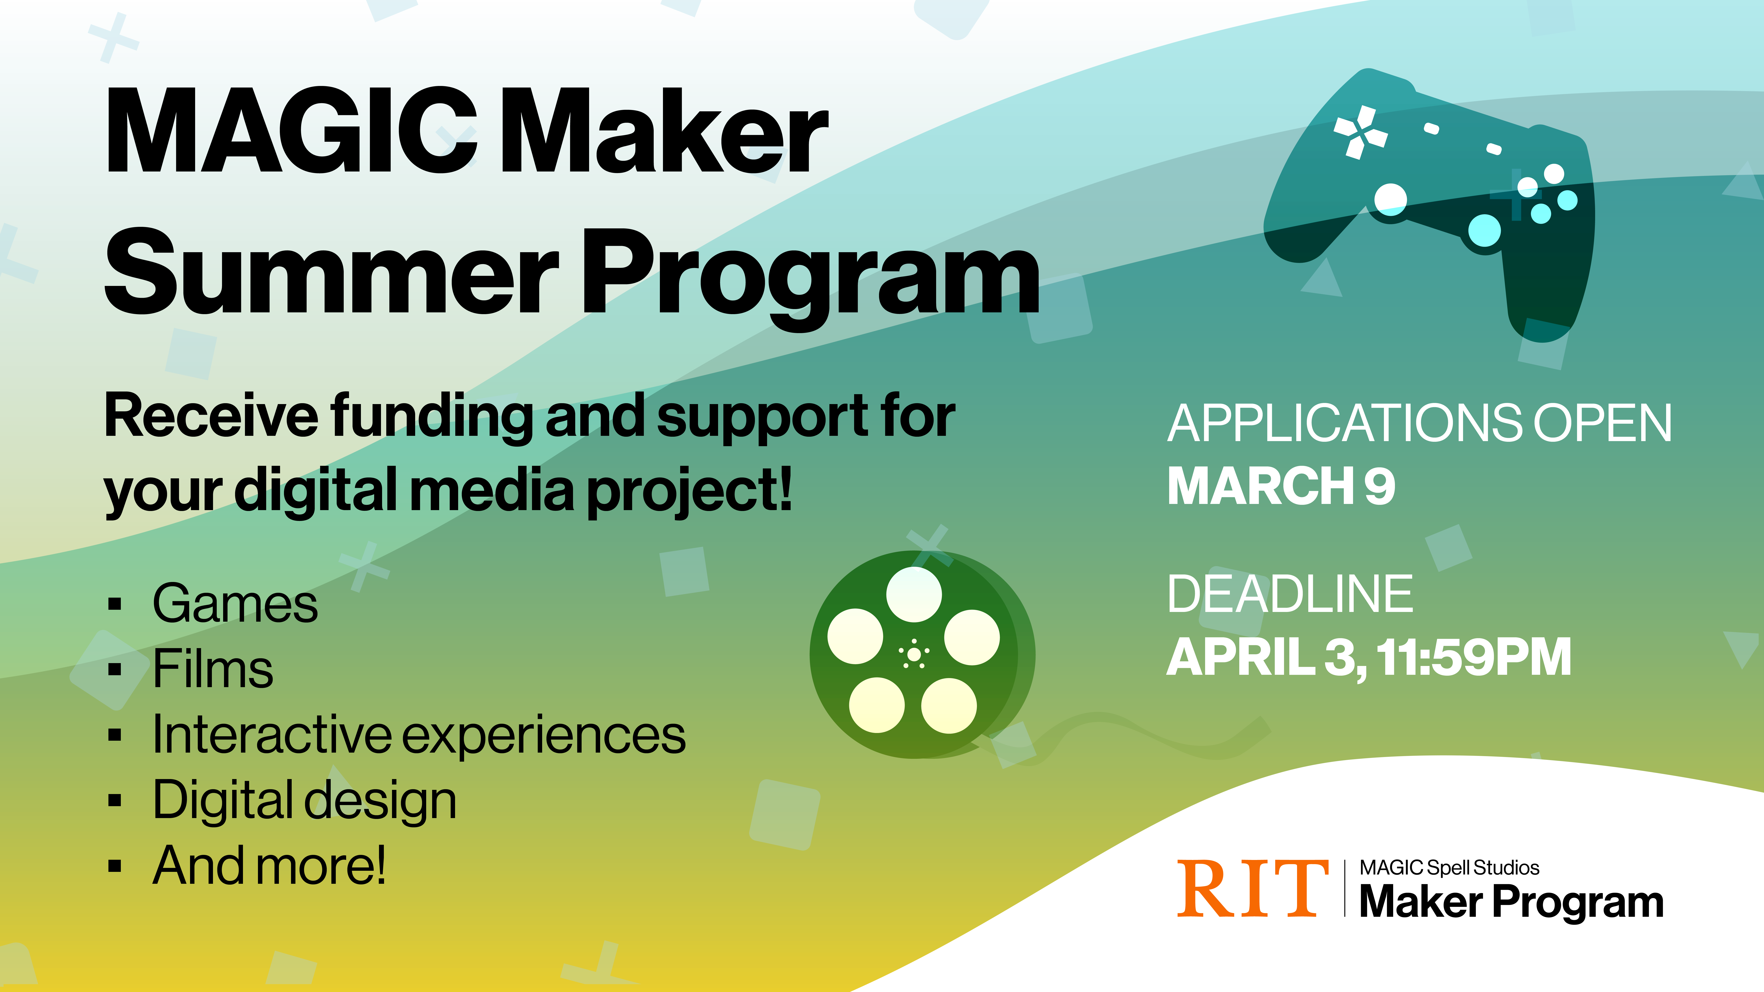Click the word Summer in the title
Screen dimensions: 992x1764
[332, 272]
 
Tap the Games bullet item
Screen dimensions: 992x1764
[235, 604]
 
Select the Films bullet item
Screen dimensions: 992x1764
[212, 669]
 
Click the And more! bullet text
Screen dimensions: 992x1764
[269, 865]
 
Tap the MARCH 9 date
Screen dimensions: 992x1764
[1281, 486]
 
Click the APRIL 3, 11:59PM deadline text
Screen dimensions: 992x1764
[1368, 657]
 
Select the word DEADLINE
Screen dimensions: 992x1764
[1290, 594]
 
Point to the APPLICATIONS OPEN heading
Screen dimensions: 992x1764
[1419, 423]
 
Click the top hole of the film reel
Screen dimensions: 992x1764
[913, 594]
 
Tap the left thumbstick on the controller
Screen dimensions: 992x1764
[1390, 199]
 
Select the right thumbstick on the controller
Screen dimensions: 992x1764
[1484, 230]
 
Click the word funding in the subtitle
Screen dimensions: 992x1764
[431, 418]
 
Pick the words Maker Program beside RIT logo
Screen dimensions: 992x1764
[1511, 902]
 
